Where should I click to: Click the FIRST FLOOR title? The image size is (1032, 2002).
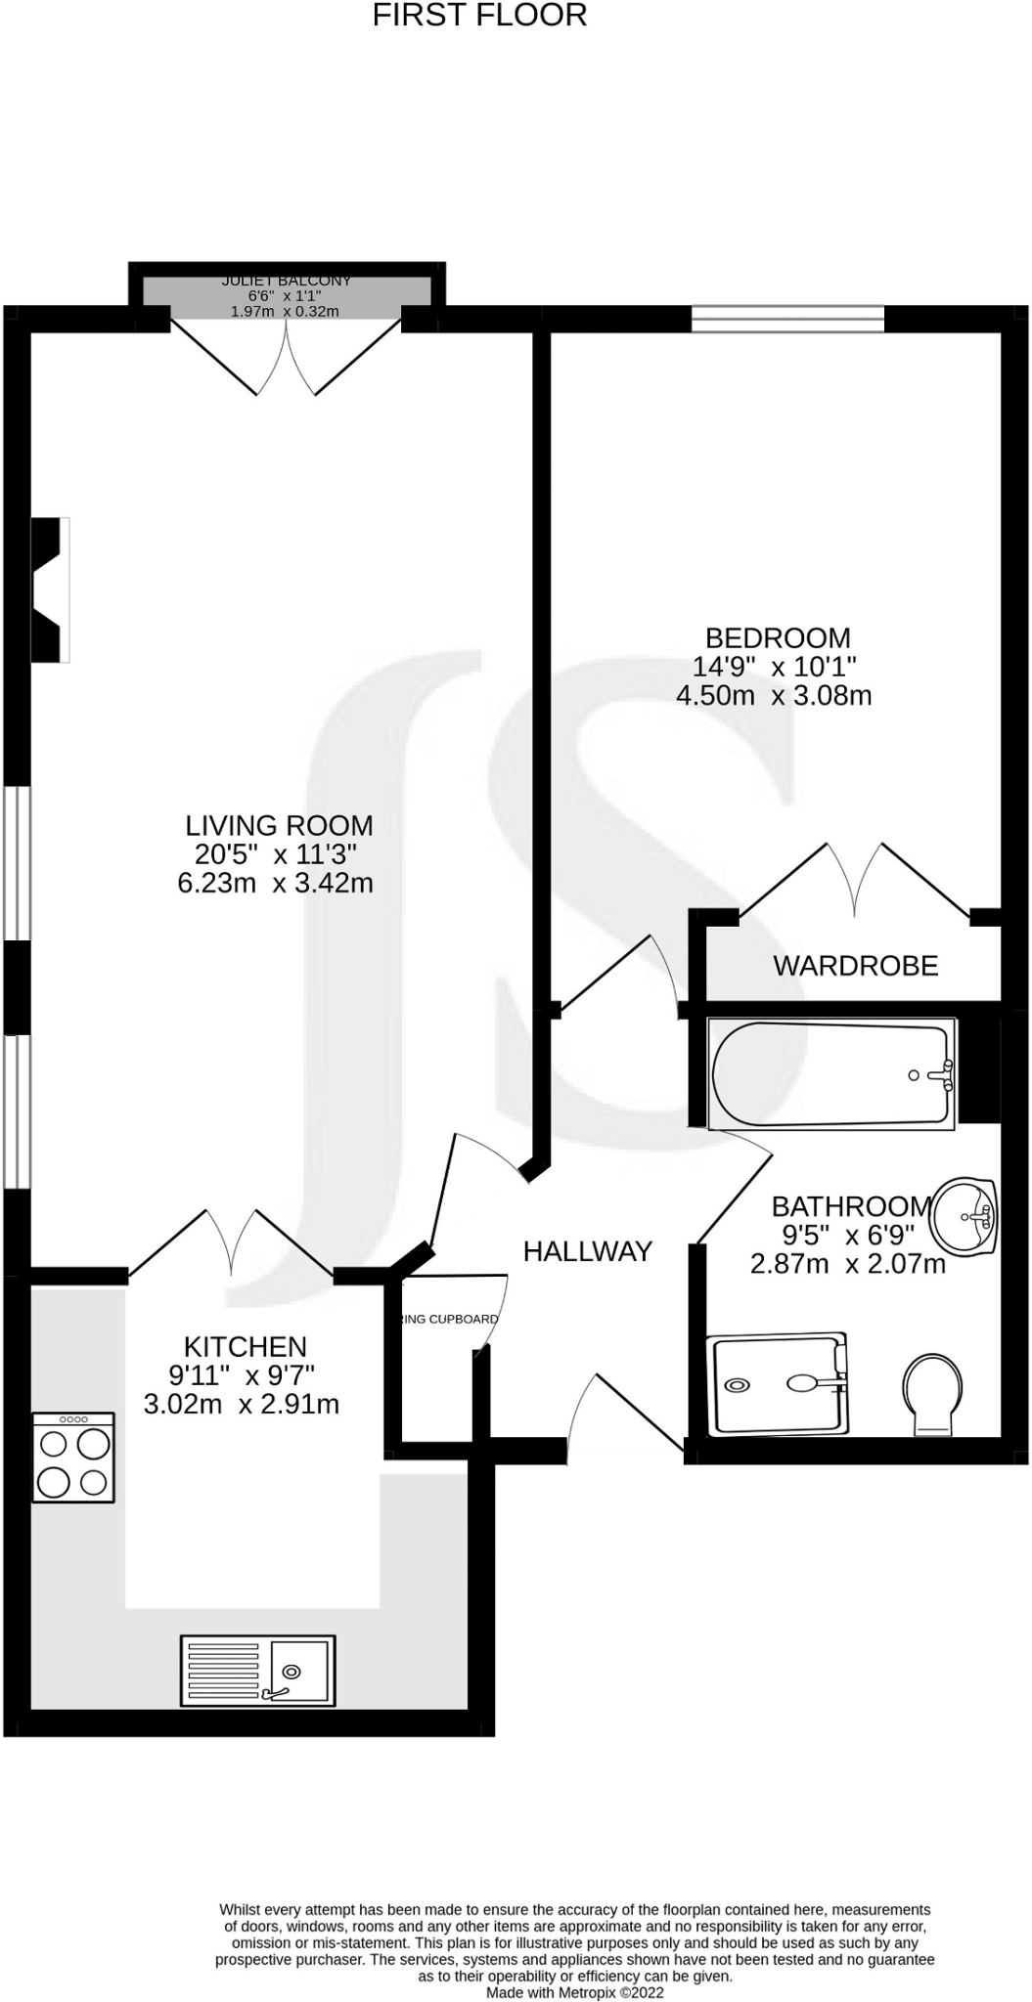click(x=479, y=16)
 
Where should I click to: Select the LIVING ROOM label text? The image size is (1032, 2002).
click(x=280, y=825)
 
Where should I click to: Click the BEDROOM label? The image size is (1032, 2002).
click(x=778, y=638)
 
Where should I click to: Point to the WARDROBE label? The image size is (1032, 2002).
click(x=855, y=966)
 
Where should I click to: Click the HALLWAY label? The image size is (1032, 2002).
click(x=587, y=1251)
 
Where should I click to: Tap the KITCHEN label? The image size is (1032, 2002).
click(x=246, y=1346)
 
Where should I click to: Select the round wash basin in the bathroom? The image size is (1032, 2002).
click(x=964, y=1217)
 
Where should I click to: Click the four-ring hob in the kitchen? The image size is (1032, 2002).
click(x=73, y=1458)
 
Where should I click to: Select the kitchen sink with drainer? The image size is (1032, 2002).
click(x=257, y=1671)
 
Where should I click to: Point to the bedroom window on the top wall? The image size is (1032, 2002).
click(x=787, y=319)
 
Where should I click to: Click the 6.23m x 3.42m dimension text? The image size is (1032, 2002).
click(x=275, y=883)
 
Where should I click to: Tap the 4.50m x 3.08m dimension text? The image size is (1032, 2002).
click(x=774, y=695)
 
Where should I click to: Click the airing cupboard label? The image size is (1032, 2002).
click(x=449, y=1319)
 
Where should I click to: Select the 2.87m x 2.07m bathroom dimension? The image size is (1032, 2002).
click(x=847, y=1264)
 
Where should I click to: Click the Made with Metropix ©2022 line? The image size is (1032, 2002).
click(x=575, y=1992)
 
